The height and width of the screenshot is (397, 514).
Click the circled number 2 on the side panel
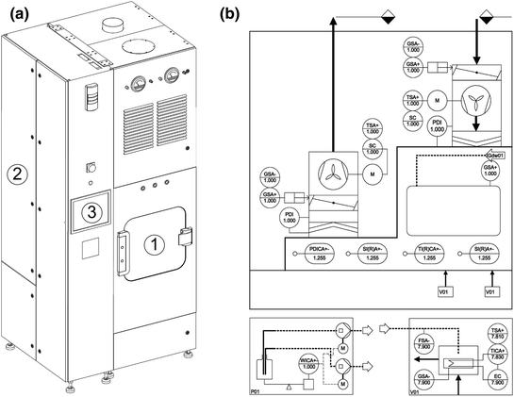16,173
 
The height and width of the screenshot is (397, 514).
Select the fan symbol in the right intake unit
477,105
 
